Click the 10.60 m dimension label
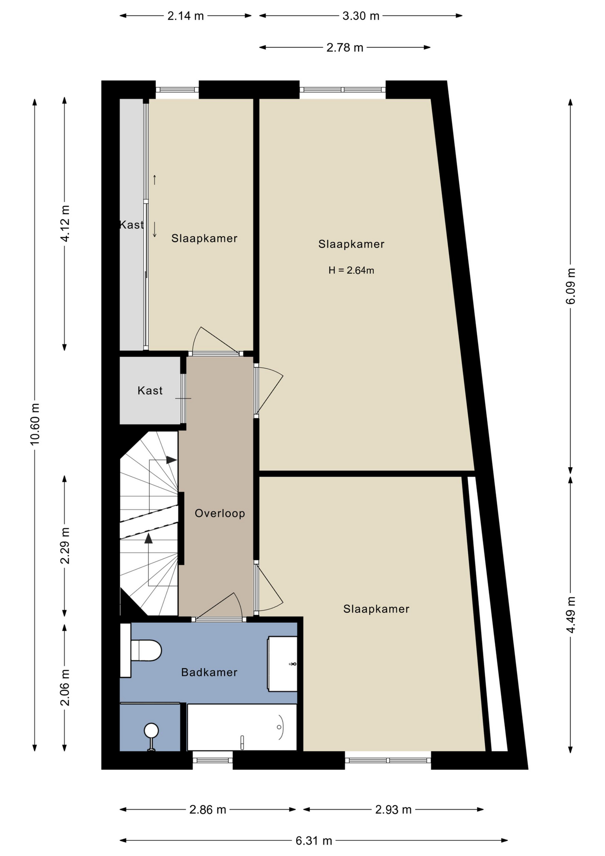tap(35, 424)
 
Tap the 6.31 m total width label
tap(314, 840)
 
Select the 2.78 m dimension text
tap(345, 47)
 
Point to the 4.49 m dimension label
tap(571, 614)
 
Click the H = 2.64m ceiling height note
tap(351, 270)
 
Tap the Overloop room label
tap(220, 513)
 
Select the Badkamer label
tap(209, 672)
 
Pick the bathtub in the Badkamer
tap(242, 727)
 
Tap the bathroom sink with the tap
tap(282, 664)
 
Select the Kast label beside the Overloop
tap(150, 391)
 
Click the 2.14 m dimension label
tap(185, 16)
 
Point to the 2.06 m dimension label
tap(65, 687)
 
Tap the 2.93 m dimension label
tap(393, 810)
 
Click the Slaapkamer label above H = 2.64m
tap(351, 244)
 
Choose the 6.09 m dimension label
tap(571, 286)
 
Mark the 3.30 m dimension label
tap(361, 16)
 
